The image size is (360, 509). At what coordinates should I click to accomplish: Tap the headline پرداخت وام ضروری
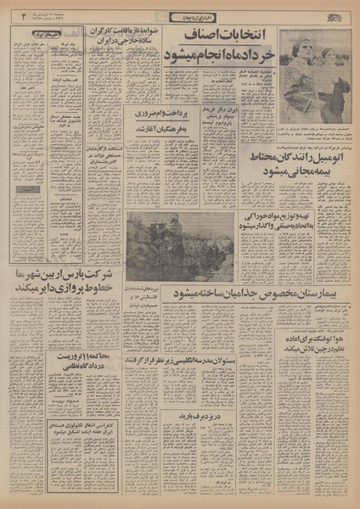[155, 115]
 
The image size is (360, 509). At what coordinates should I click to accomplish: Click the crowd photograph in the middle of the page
[181, 245]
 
